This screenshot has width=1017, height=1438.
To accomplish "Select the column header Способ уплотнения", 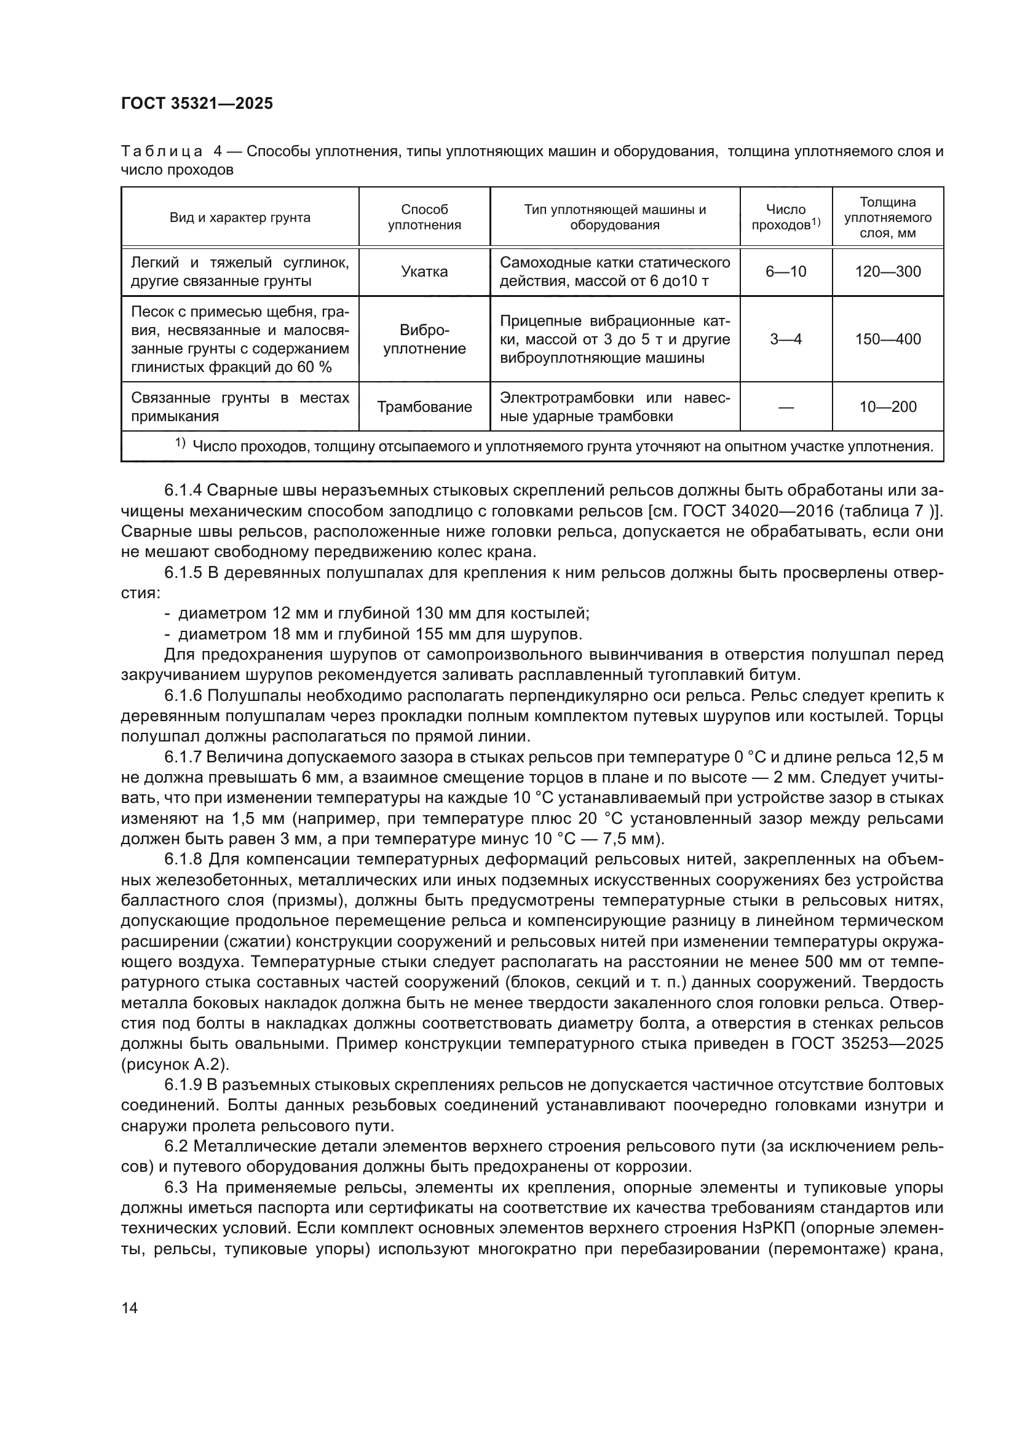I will [x=424, y=217].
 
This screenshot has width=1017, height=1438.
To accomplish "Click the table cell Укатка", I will [x=424, y=272].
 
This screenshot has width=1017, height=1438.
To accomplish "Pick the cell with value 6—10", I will [x=785, y=272].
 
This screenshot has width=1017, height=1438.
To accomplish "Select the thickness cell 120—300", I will [x=887, y=272].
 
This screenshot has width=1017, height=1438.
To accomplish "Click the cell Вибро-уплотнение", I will [x=424, y=339].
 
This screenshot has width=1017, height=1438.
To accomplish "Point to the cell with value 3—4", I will [x=785, y=339].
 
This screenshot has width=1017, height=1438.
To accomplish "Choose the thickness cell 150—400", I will [x=887, y=339].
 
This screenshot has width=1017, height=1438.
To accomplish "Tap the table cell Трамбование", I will [x=424, y=407].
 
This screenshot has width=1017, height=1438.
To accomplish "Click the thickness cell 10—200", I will [x=887, y=407].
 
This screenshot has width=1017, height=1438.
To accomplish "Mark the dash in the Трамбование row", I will [x=785, y=407].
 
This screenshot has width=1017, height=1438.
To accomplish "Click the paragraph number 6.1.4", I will [x=182, y=491].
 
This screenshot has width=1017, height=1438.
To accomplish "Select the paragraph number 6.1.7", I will [x=182, y=757].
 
